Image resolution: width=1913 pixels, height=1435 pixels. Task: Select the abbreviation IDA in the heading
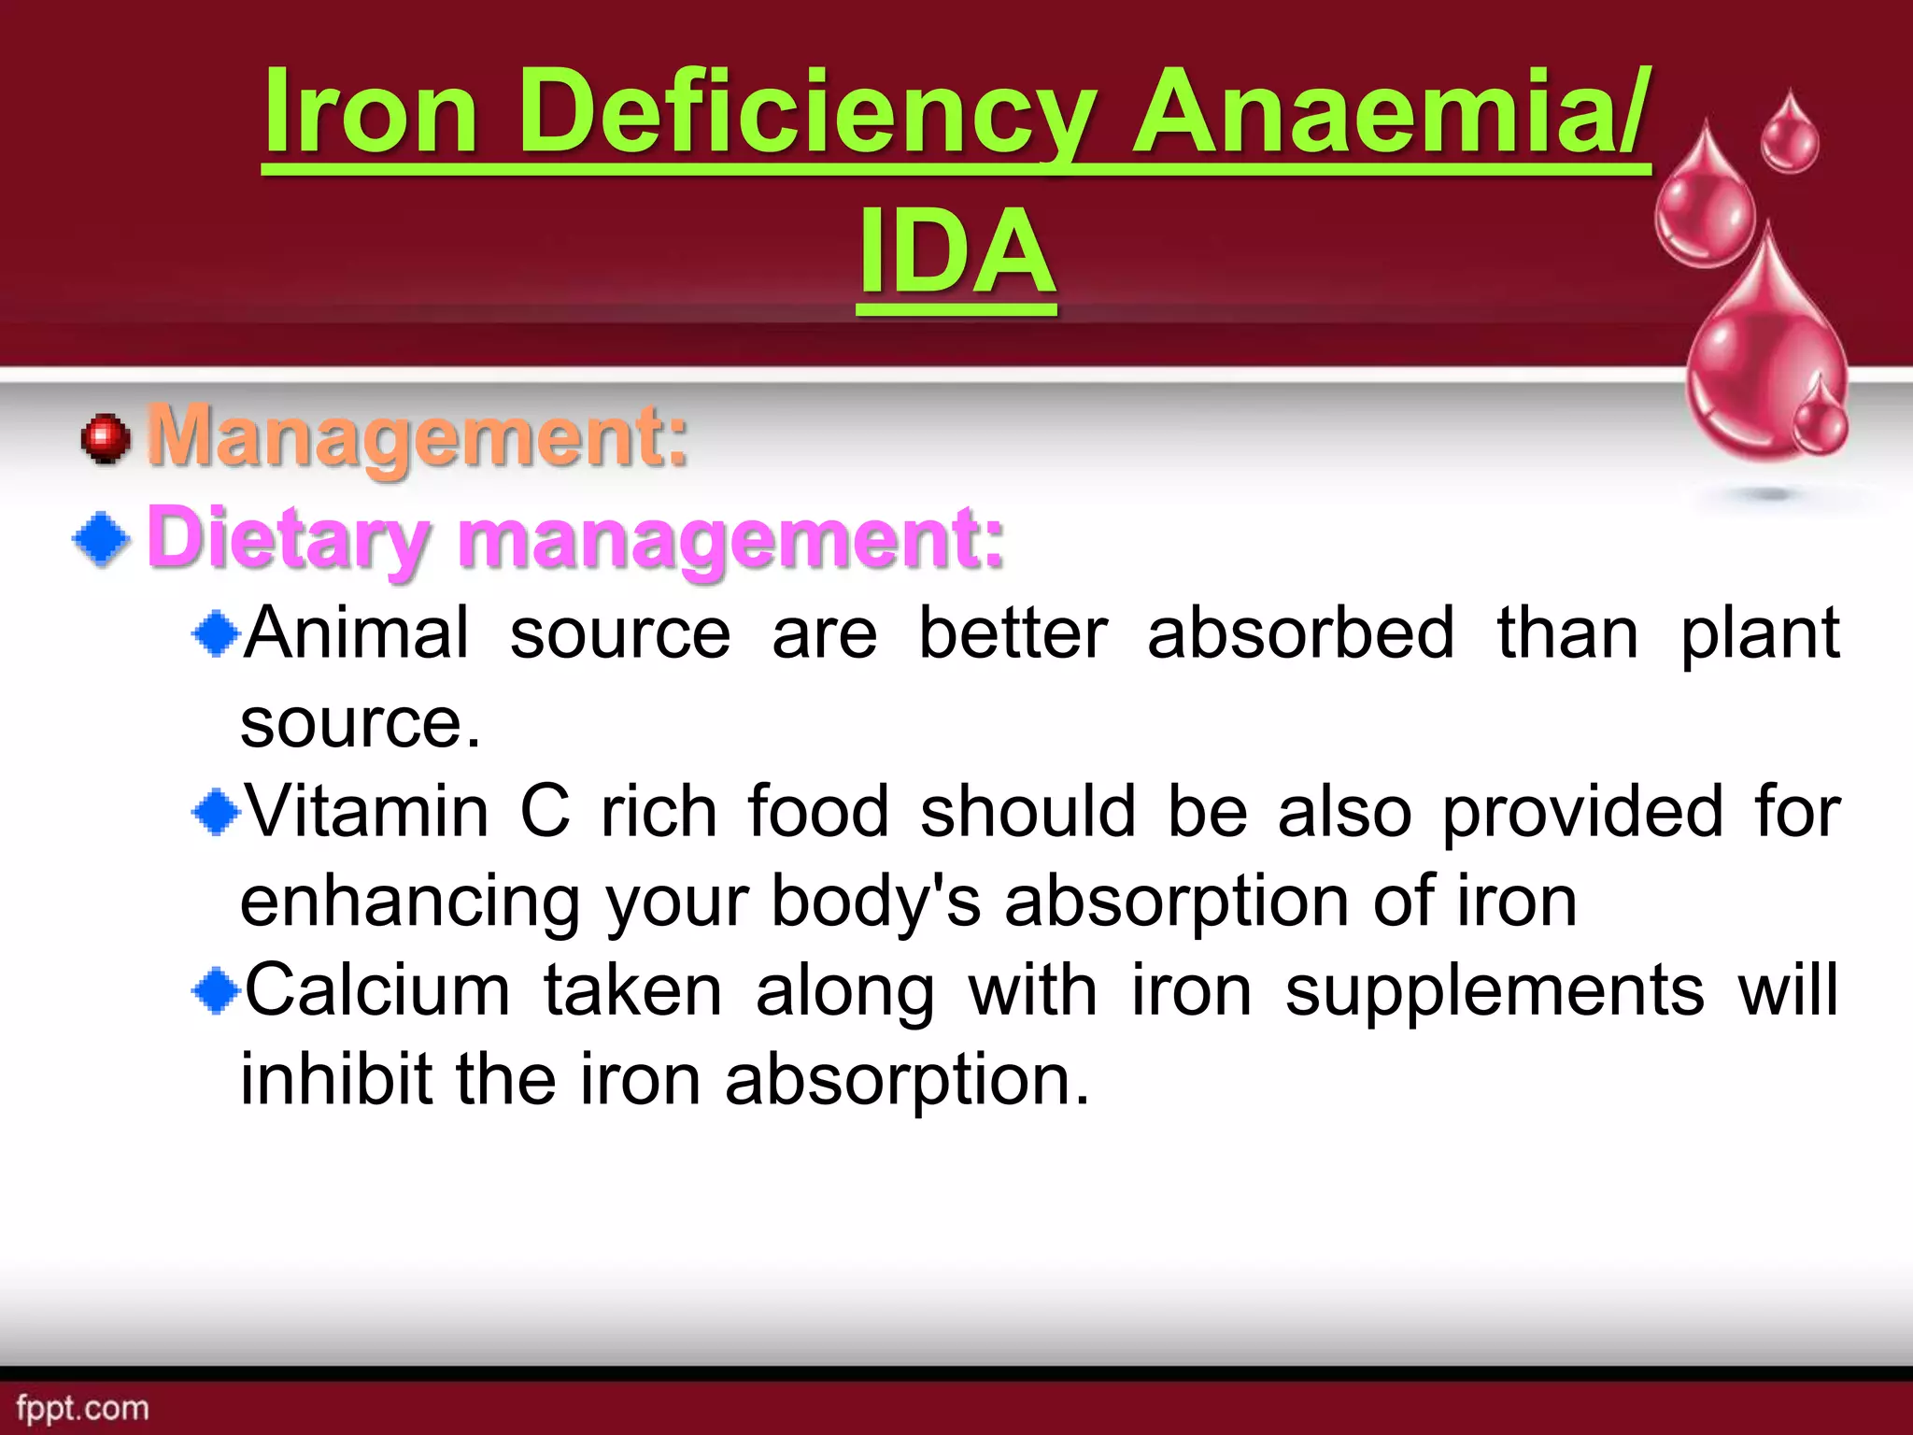[957, 252]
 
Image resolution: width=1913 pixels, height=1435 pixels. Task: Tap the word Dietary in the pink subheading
[288, 539]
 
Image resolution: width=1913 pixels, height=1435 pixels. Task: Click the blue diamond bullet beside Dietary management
[102, 539]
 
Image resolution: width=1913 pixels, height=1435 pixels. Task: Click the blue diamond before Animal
[217, 634]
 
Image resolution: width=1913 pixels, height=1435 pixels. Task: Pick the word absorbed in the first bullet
[1300, 634]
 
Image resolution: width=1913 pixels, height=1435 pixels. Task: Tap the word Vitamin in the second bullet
[366, 811]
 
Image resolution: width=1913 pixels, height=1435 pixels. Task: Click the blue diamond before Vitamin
[217, 811]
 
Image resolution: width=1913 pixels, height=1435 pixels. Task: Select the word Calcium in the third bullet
[376, 990]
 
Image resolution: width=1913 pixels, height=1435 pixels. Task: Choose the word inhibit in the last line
[336, 1079]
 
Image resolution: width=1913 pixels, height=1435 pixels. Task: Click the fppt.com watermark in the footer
[82, 1408]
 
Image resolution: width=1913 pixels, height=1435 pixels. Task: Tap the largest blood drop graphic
[1765, 355]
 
